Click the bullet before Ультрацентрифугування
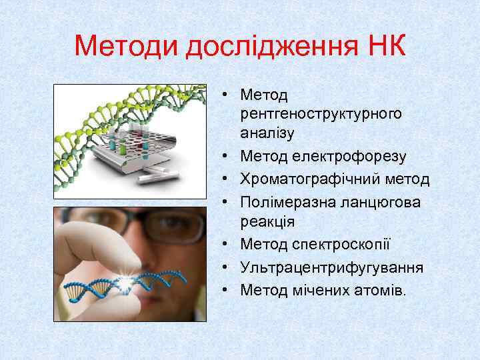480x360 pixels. coord(227,267)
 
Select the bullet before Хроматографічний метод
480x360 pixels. coord(227,179)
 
